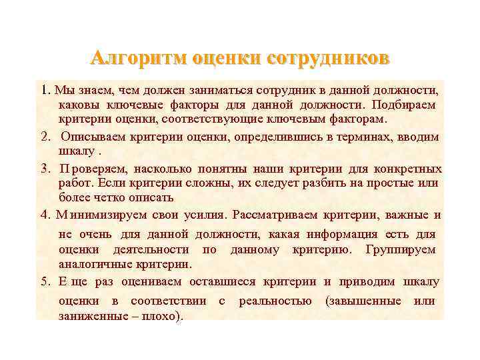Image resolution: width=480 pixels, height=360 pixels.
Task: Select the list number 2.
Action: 45,137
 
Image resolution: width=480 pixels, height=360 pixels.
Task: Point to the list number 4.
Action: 45,215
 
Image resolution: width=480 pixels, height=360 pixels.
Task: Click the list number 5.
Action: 45,281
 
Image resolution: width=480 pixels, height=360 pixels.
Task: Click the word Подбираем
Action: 405,105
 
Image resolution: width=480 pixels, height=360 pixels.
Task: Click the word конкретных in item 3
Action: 405,167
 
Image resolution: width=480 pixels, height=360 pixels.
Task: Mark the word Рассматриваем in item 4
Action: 275,215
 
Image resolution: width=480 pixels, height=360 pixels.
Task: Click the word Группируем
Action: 401,249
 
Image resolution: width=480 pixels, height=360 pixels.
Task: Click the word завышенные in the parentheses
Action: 363,301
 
